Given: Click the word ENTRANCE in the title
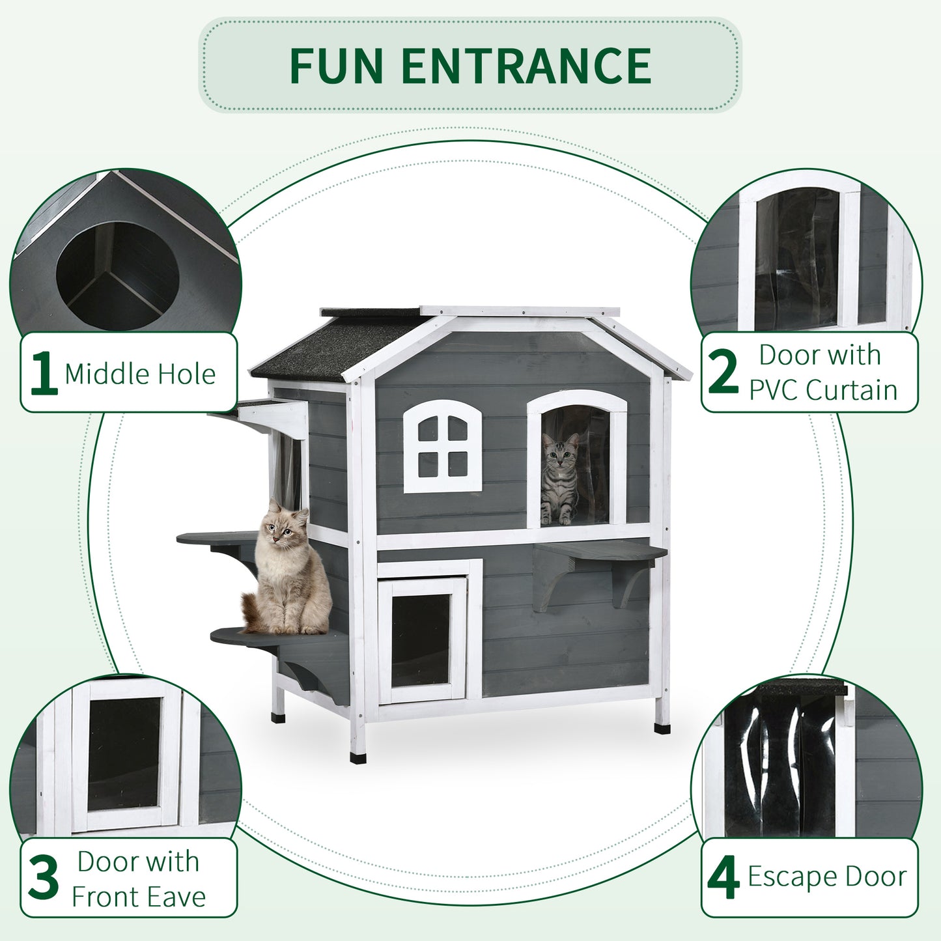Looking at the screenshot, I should click(526, 66).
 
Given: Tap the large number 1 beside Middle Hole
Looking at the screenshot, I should click(44, 373).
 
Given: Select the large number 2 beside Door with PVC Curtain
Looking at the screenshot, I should click(723, 372).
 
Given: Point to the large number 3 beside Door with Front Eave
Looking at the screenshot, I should click(44, 878).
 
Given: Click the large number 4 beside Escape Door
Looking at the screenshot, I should click(723, 878).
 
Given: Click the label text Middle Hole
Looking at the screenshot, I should click(140, 374).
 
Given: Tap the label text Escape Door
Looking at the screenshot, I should click(827, 877).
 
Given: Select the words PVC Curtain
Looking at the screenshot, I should click(823, 390).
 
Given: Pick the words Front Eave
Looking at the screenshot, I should click(139, 897).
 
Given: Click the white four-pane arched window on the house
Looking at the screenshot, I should click(443, 447).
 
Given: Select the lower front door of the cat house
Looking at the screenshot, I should click(422, 640).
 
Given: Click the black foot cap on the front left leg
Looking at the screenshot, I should click(358, 757).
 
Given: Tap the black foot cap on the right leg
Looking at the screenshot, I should click(662, 727).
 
